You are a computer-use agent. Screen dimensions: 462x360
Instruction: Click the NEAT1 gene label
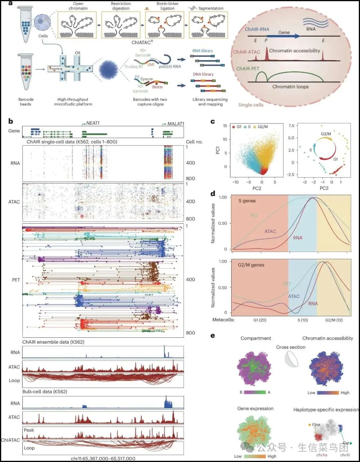[x=93, y=123]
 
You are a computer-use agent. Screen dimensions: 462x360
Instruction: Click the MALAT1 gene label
[x=175, y=124]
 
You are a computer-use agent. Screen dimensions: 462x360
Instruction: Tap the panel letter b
[x=11, y=121]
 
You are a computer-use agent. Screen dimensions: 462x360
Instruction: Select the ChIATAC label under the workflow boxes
[x=142, y=42]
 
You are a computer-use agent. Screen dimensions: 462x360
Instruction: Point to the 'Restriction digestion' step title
[x=121, y=6]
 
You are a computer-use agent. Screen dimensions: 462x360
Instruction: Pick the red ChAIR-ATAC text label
[x=247, y=52]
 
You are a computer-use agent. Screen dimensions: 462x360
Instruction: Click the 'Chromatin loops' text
[x=290, y=87]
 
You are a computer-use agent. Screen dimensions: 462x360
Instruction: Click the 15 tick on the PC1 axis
[x=225, y=126]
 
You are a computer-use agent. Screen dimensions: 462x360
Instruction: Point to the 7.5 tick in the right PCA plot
[x=291, y=126]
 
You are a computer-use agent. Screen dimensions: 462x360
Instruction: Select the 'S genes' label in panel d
[x=247, y=201]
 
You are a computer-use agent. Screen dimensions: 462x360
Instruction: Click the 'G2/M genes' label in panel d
[x=251, y=265]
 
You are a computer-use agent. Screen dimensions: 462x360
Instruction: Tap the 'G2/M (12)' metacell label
[x=334, y=320]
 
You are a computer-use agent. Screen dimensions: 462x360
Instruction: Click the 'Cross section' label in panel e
[x=291, y=347]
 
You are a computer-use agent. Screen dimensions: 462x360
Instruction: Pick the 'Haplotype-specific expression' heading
[x=326, y=409]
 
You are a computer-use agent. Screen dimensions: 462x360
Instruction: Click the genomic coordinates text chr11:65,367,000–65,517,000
[x=103, y=459]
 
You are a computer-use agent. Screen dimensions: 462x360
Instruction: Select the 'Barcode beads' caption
[x=26, y=102]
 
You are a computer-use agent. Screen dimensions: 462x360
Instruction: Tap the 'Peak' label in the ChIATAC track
[x=29, y=430]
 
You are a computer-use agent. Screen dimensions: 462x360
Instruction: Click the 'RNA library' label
[x=202, y=51]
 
